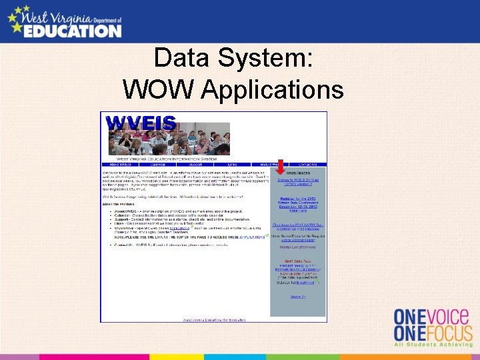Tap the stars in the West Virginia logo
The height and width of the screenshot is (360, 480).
coord(20,14)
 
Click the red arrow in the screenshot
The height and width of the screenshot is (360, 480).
coord(281,167)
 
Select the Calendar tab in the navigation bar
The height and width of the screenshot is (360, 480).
coord(157,164)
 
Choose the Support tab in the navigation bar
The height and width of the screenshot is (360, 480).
coord(194,164)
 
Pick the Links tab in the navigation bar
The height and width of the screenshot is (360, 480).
coord(232,164)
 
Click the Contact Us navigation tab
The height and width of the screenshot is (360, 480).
coord(308,164)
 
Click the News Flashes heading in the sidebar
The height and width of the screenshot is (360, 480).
coord(297,172)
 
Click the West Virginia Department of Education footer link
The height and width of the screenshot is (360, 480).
coord(214,319)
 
